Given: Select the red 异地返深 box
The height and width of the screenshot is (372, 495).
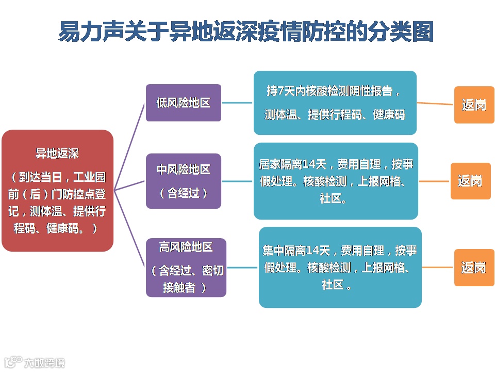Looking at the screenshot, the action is (57, 191).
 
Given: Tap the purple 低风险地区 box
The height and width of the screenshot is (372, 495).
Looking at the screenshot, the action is (183, 103).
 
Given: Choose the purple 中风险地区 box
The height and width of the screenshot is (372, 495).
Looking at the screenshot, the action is (183, 181).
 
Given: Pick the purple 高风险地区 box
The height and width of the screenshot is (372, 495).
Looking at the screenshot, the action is (186, 267).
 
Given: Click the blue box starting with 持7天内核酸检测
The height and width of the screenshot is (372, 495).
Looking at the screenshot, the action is (335, 103).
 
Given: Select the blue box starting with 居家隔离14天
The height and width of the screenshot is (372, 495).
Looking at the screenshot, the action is (336, 181).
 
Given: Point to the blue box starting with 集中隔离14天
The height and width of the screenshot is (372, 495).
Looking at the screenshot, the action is (340, 267).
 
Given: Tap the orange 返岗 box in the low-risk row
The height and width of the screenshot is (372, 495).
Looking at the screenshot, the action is (474, 105).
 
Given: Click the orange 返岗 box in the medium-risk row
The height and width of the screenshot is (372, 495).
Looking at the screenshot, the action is (470, 181).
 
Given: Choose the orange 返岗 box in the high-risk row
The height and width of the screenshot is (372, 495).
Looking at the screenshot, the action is (474, 268).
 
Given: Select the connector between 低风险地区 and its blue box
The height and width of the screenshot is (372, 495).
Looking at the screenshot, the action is (237, 102).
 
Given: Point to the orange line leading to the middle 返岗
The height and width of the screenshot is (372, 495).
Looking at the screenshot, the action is (434, 181).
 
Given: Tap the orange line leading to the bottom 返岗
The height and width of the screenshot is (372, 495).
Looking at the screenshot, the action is (438, 267).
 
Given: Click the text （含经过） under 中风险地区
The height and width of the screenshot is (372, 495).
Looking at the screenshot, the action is (183, 193).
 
